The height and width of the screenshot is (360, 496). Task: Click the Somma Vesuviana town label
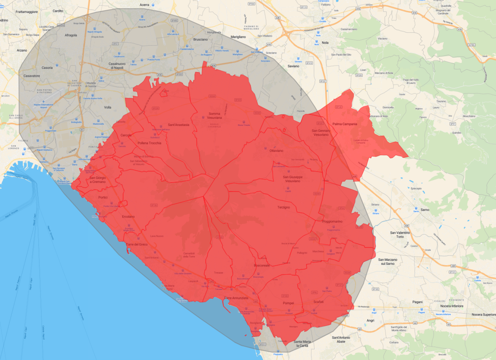(214, 116)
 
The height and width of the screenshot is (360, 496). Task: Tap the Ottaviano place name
(276, 151)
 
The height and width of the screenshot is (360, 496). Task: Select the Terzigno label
(284, 207)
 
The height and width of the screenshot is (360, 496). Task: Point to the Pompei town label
(288, 303)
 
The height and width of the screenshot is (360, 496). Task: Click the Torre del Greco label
(137, 244)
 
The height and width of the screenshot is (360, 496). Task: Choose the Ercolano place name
(128, 217)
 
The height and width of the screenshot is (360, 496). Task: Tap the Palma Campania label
(345, 124)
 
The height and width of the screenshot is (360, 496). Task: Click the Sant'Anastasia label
(179, 125)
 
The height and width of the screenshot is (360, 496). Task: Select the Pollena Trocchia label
(149, 143)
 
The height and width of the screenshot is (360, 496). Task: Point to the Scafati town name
(318, 302)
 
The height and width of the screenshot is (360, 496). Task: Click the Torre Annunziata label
(236, 298)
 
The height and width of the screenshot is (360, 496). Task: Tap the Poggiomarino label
(332, 221)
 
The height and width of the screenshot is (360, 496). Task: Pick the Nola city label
(325, 43)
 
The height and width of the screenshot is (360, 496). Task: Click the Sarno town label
(425, 210)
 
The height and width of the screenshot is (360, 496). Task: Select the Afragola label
(71, 35)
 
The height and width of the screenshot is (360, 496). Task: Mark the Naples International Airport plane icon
(43, 101)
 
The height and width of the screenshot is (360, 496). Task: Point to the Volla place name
(108, 107)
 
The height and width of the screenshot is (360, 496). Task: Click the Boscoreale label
(262, 265)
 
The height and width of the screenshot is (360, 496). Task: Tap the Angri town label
(370, 321)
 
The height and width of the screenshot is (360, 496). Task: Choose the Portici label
(103, 198)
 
